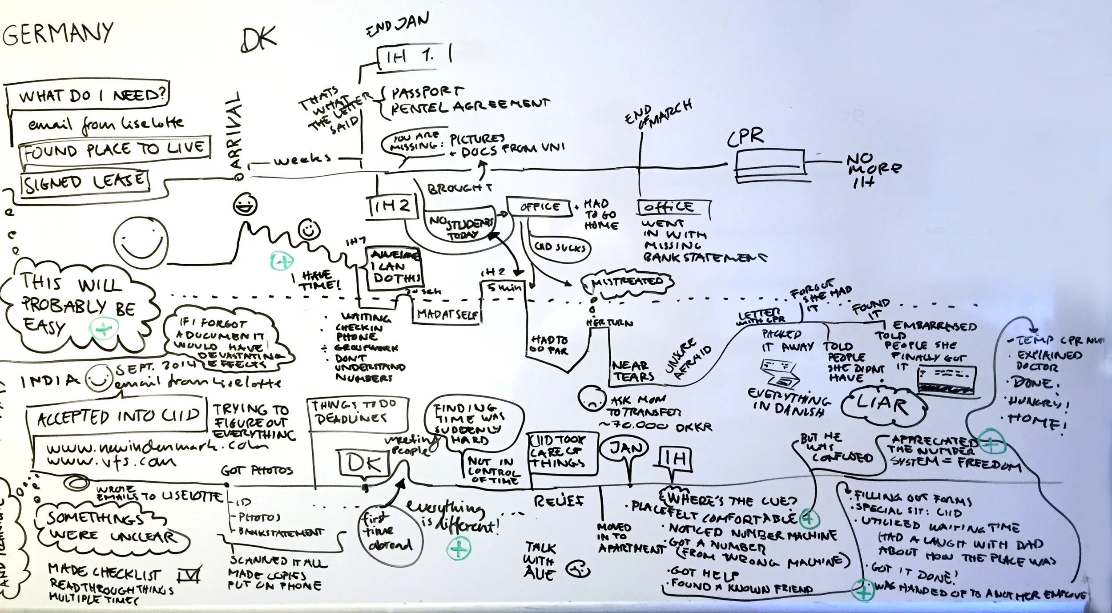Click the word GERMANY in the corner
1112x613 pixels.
pyautogui.click(x=58, y=33)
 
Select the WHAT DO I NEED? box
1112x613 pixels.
pyautogui.click(x=89, y=95)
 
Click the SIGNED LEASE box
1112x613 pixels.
pyautogui.click(x=85, y=182)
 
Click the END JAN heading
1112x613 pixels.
pyautogui.click(x=397, y=25)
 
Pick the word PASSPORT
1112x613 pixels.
pyautogui.click(x=427, y=92)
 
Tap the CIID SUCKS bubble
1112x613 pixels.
pyautogui.click(x=561, y=248)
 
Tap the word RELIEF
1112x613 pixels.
pyautogui.click(x=559, y=501)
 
